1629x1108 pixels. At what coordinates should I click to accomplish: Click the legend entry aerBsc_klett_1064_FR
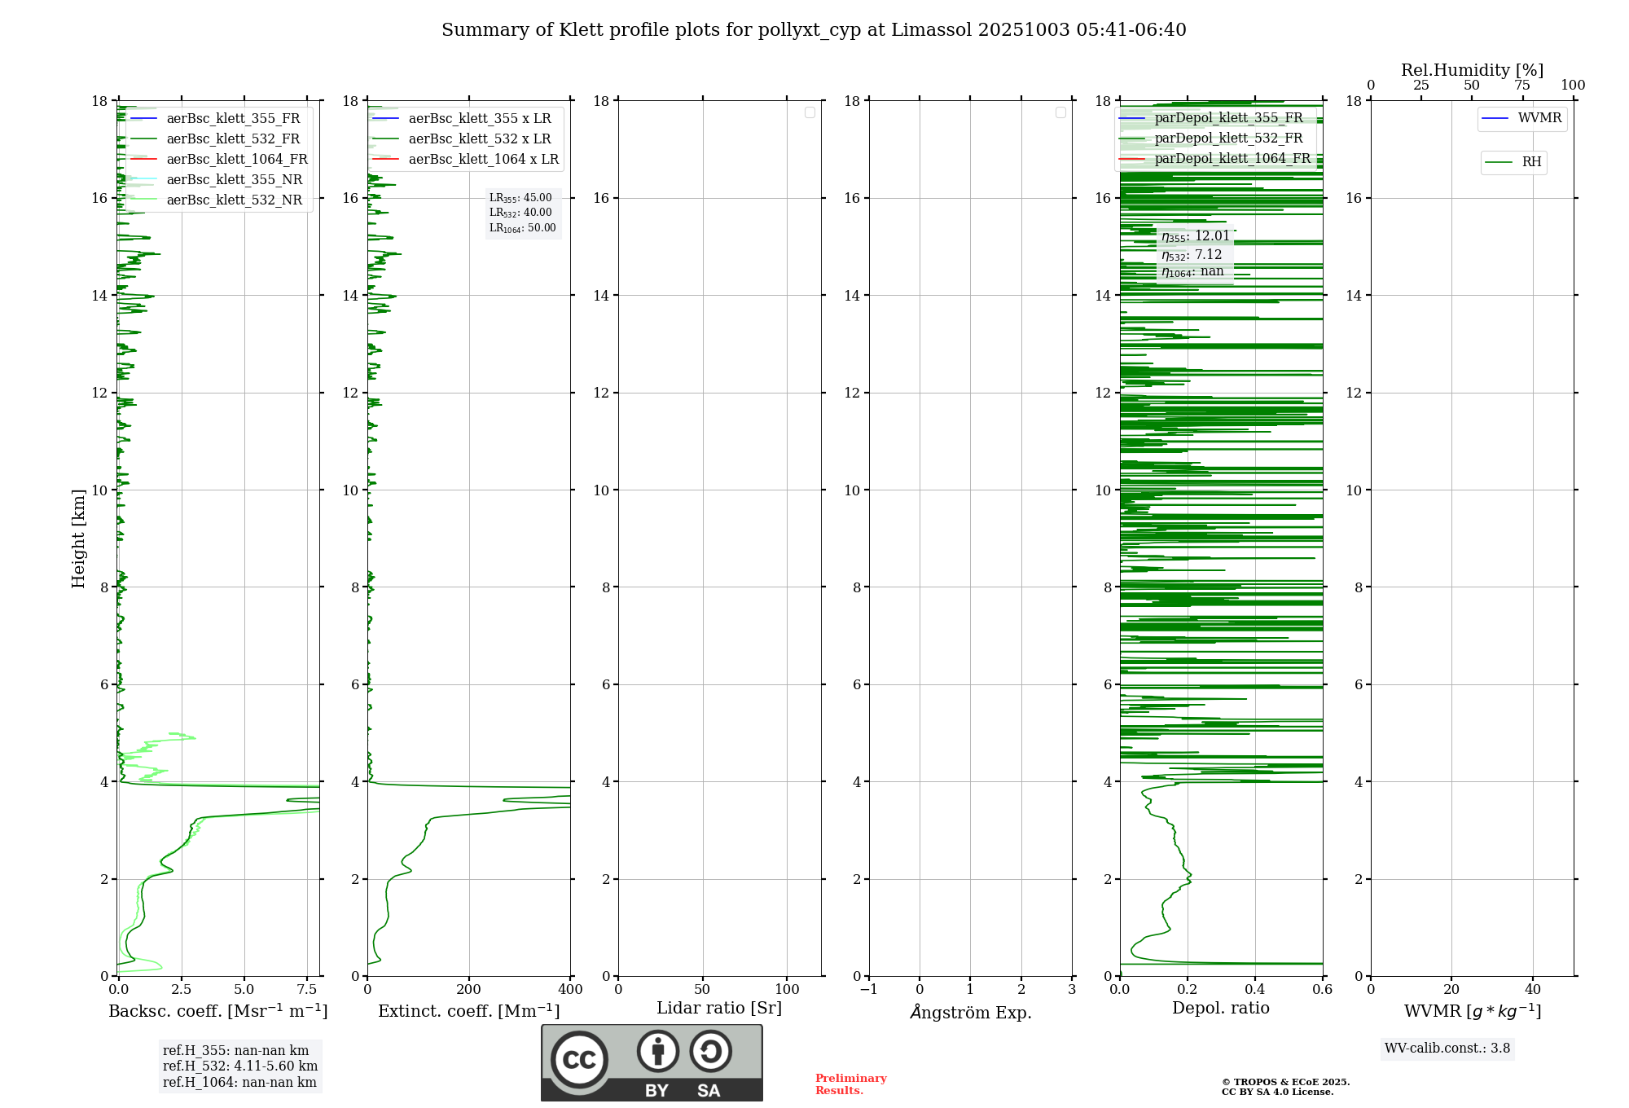pyautogui.click(x=236, y=160)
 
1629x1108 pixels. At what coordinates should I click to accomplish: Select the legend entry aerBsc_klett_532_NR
pyautogui.click(x=234, y=200)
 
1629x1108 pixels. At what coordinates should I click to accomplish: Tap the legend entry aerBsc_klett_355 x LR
pyautogui.click(x=479, y=119)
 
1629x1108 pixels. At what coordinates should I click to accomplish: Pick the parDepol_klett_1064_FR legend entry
pyautogui.click(x=1232, y=159)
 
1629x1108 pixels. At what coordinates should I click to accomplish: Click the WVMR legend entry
pyautogui.click(x=1539, y=118)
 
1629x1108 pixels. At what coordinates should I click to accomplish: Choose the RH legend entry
pyautogui.click(x=1530, y=162)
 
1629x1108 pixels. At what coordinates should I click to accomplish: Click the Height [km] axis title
pyautogui.click(x=78, y=539)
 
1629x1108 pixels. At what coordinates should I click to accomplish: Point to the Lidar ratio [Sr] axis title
pyautogui.click(x=718, y=1009)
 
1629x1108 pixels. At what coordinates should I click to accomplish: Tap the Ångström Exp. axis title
pyautogui.click(x=970, y=1013)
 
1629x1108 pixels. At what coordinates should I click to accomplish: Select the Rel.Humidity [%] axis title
pyautogui.click(x=1472, y=70)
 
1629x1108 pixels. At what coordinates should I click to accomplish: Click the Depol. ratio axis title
pyautogui.click(x=1220, y=1009)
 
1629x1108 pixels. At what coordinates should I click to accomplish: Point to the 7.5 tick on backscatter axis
pyautogui.click(x=307, y=990)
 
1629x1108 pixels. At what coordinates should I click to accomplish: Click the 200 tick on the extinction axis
pyautogui.click(x=469, y=990)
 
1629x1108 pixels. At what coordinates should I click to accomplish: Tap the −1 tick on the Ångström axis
pyautogui.click(x=869, y=990)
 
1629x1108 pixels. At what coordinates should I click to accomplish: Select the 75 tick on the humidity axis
pyautogui.click(x=1521, y=86)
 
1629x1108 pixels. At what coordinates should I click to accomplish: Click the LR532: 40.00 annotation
pyautogui.click(x=520, y=213)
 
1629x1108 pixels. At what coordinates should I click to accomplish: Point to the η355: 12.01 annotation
pyautogui.click(x=1195, y=236)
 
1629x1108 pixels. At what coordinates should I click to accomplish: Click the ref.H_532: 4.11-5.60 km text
pyautogui.click(x=240, y=1066)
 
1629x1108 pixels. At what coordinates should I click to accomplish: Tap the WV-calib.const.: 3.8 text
pyautogui.click(x=1447, y=1049)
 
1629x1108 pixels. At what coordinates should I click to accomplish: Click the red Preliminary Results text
pyautogui.click(x=850, y=1084)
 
